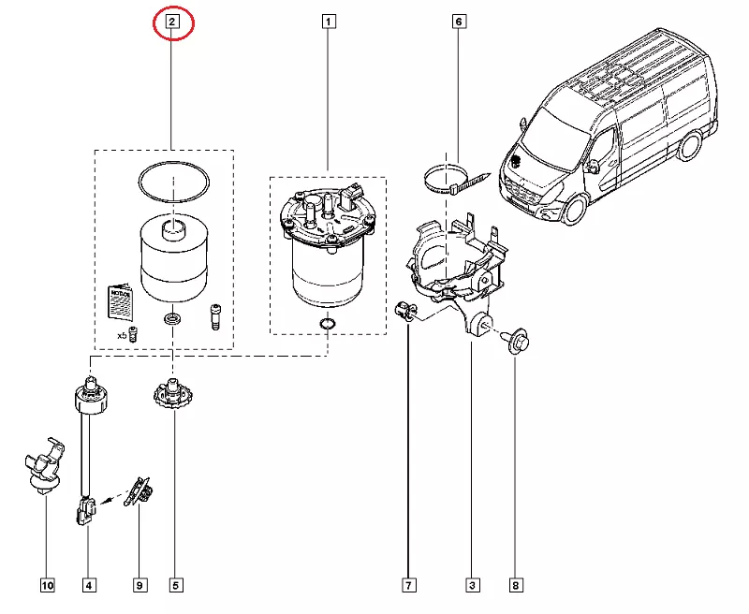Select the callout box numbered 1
pos(329,21)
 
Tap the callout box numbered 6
pos(459,21)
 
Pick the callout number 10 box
pos(47,586)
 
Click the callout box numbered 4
pos(89,586)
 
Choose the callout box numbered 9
pos(140,586)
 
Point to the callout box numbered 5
pos(175,586)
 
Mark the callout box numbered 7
pos(409,586)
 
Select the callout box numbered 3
pos(472,586)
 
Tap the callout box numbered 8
pos(515,586)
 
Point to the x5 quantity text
pos(121,334)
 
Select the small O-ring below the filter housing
pos(327,325)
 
